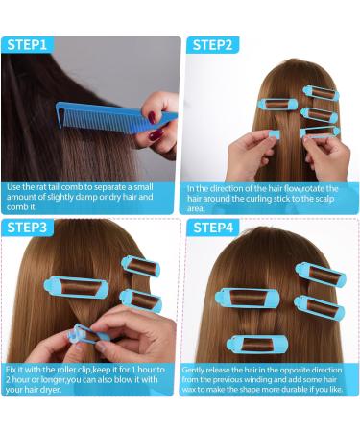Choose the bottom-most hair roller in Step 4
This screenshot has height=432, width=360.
[x=254, y=343]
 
